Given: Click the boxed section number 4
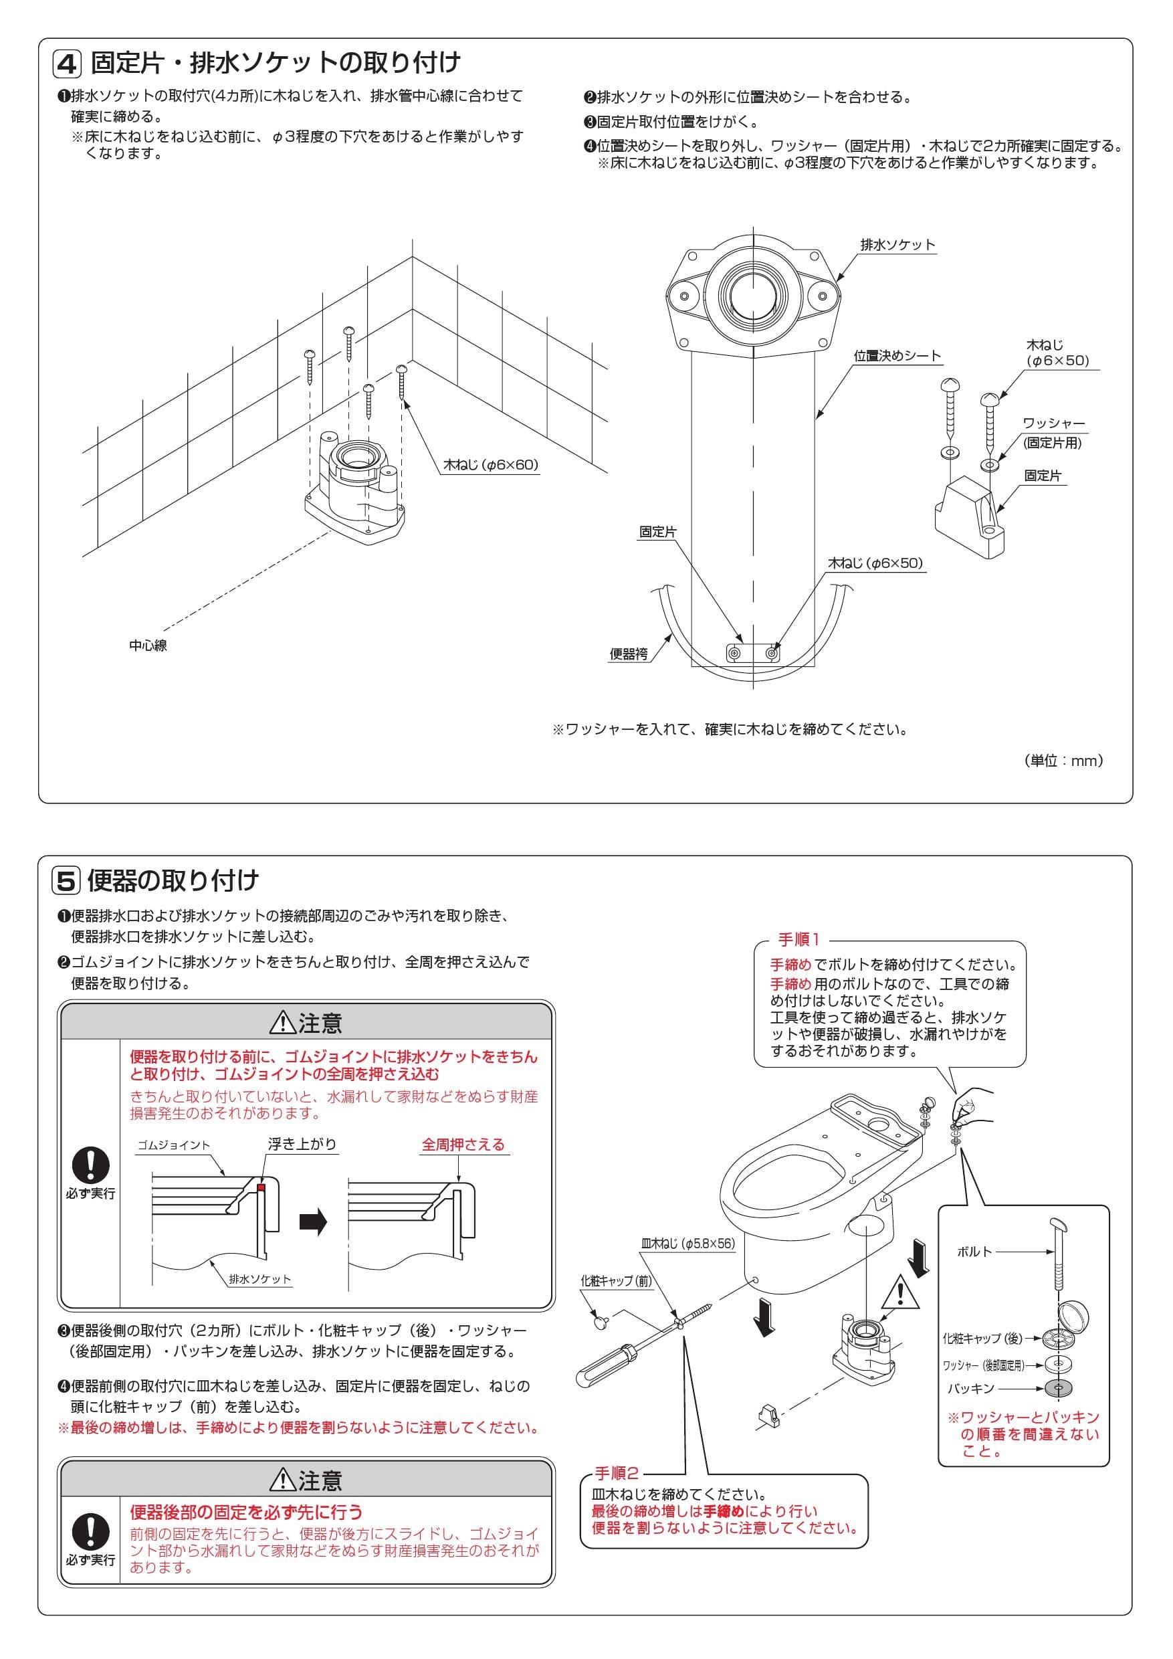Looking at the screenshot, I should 67,64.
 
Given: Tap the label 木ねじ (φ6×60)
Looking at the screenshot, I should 490,465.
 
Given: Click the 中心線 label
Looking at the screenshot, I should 148,646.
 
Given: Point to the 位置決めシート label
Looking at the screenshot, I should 897,355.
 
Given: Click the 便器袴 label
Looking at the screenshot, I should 629,654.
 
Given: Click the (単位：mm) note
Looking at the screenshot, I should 1063,760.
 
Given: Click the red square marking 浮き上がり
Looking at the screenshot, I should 262,1187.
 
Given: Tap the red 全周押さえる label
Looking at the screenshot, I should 463,1145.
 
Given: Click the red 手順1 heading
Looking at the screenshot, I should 798,940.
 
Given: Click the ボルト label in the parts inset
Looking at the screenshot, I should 974,1252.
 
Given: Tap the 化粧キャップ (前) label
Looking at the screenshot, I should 616,1281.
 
